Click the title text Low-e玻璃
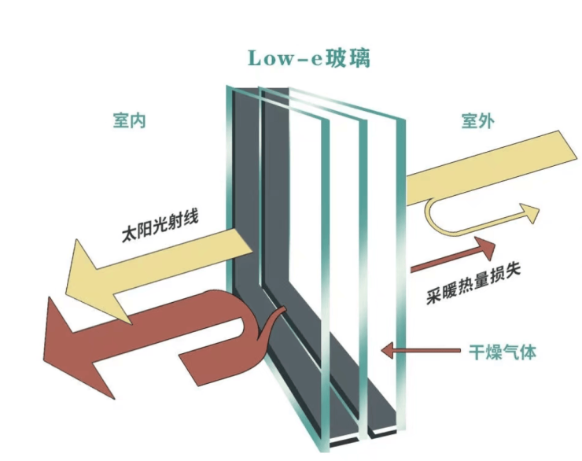[x=309, y=59]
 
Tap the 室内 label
[x=129, y=121]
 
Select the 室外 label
[x=477, y=121]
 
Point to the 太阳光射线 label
[x=160, y=226]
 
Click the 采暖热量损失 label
[x=473, y=283]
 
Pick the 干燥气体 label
[x=503, y=352]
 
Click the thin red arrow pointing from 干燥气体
[x=421, y=350]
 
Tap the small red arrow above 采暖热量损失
[x=453, y=255]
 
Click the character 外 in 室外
[x=486, y=121]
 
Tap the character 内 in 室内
[x=138, y=121]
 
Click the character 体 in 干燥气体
[x=529, y=352]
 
